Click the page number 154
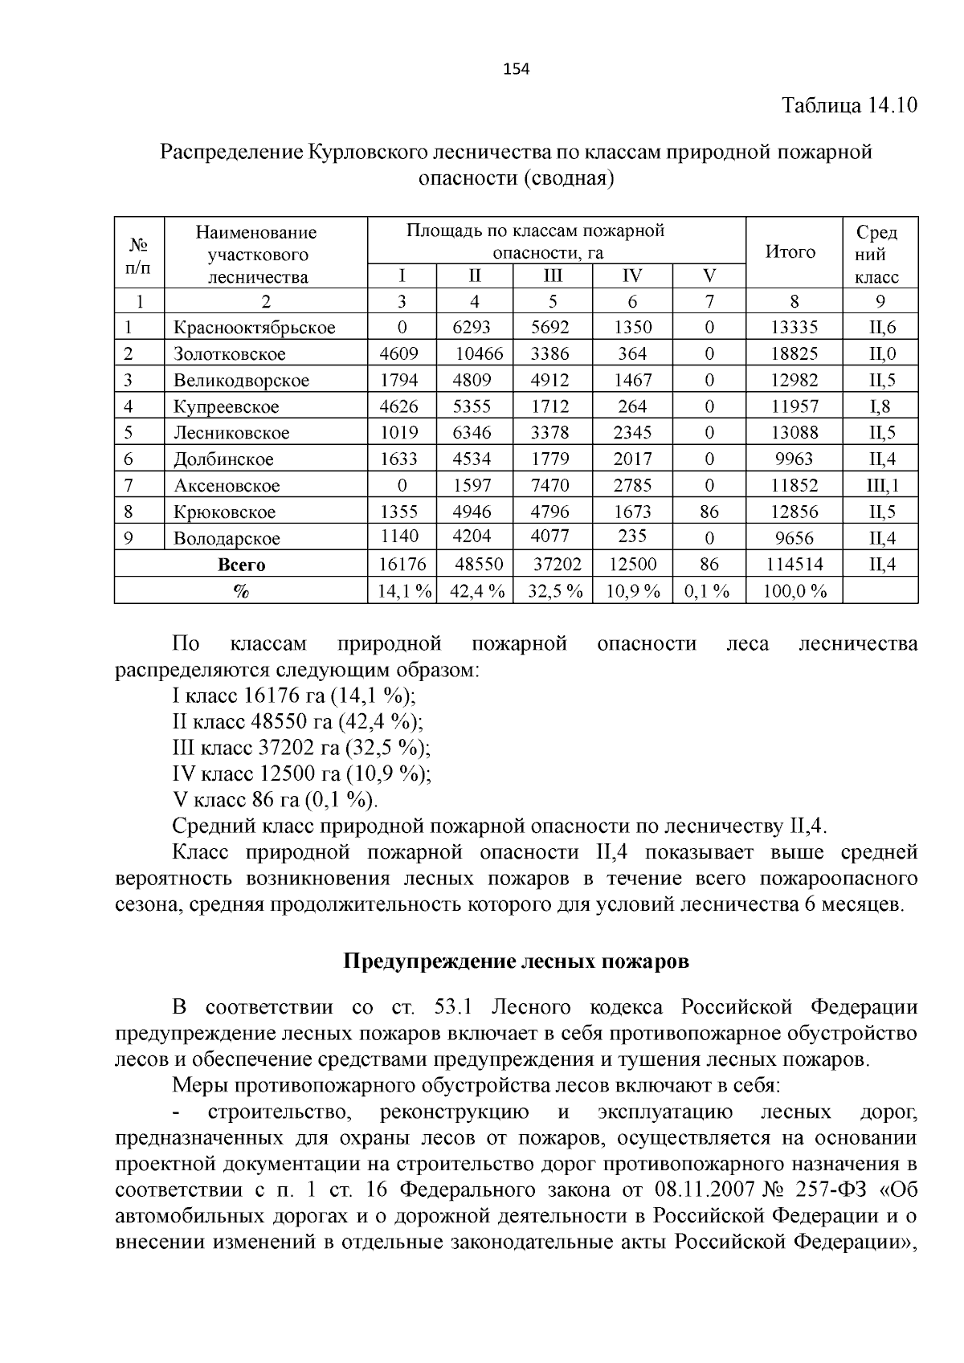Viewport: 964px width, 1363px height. (516, 69)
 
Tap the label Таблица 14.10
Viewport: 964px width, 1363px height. (849, 106)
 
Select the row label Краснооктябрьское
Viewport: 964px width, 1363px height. (254, 328)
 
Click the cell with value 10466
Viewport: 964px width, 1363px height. (480, 354)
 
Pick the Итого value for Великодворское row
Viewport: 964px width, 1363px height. (794, 380)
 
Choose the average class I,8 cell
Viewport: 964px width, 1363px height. (880, 406)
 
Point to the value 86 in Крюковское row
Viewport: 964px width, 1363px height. (709, 512)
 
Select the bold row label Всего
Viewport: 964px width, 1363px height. (241, 565)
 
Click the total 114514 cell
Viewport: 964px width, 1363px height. (794, 565)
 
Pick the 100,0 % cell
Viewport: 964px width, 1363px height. (794, 592)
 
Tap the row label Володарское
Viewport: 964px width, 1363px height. (227, 538)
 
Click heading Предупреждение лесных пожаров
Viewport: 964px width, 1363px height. (516, 961)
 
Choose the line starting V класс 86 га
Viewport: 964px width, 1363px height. (274, 800)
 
